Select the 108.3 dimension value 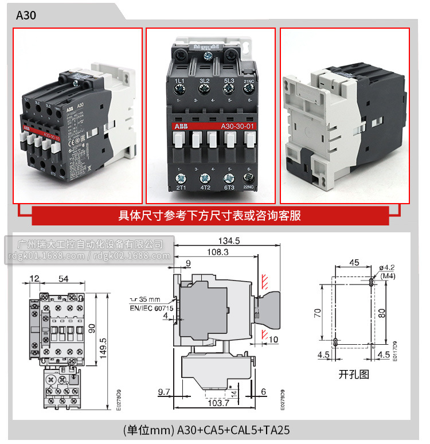pos(217,252)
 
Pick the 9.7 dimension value pos(164,392)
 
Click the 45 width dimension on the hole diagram pos(354,263)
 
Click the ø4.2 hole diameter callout pos(388,267)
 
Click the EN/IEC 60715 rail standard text pos(151,308)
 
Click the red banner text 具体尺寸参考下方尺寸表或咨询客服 pos(209,216)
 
